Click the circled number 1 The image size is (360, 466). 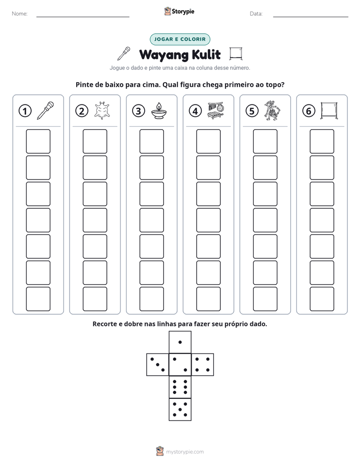click(25, 111)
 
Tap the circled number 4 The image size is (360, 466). click(195, 111)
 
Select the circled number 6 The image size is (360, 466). click(309, 111)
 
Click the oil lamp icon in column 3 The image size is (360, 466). click(159, 111)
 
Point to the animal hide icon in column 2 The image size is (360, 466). click(102, 111)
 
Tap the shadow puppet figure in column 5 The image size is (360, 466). click(272, 110)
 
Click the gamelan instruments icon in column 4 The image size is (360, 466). click(216, 111)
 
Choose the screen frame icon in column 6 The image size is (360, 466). click(329, 111)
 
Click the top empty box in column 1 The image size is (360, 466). click(38, 141)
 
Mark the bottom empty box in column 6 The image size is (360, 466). click(322, 299)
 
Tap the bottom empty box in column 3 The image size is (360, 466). click(151, 299)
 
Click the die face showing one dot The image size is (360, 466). click(180, 342)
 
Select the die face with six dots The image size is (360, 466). click(180, 387)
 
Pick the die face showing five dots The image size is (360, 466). click(180, 410)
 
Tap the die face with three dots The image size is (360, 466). click(158, 365)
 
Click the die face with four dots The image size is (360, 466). click(203, 365)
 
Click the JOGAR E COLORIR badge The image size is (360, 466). click(180, 39)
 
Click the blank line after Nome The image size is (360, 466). click(83, 17)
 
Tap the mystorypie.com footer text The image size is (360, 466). click(185, 452)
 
